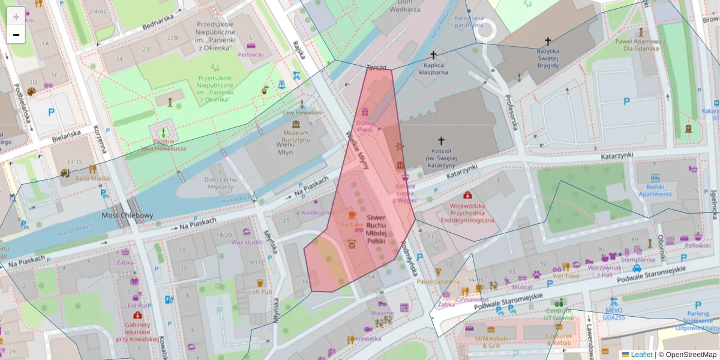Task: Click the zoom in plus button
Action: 16,17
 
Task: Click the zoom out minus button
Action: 16,35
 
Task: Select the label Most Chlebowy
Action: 127,215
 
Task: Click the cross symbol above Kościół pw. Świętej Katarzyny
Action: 441,139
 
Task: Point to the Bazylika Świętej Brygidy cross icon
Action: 547,41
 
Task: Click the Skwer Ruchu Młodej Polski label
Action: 376,229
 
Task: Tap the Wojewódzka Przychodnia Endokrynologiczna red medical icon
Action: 467,196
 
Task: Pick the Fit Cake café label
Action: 352,224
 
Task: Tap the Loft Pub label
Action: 260,292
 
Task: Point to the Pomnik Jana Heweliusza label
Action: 163,145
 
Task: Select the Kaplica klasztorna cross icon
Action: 433,55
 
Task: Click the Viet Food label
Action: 566,277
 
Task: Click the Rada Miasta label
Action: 92,178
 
